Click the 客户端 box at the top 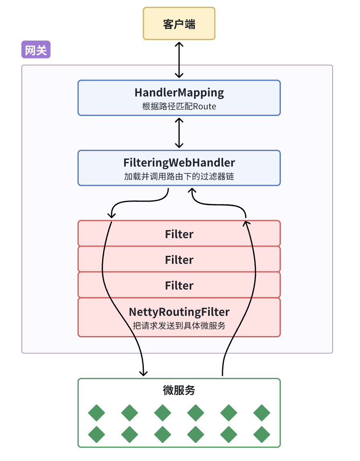click(x=179, y=24)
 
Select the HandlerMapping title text click(x=179, y=93)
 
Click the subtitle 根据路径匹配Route click(x=179, y=106)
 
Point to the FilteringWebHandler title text click(x=179, y=163)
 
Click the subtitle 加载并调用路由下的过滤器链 click(x=179, y=177)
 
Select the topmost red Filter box click(x=179, y=234)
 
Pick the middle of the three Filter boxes click(x=179, y=259)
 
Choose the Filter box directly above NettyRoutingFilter click(x=179, y=285)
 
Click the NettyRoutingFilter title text click(x=179, y=312)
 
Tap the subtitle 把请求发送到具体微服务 click(x=179, y=326)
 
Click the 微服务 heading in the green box click(x=179, y=390)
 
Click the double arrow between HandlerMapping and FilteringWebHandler click(x=179, y=133)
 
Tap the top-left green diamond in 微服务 click(x=96, y=413)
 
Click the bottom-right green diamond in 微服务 click(x=262, y=434)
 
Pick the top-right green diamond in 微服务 click(x=262, y=413)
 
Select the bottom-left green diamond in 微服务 click(x=96, y=434)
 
